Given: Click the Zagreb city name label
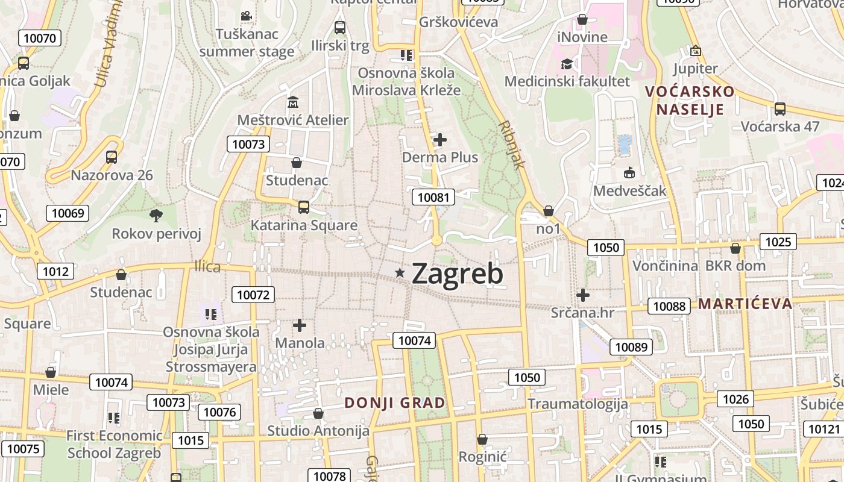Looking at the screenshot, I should pyautogui.click(x=458, y=274).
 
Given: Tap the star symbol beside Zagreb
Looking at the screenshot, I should pyautogui.click(x=399, y=273).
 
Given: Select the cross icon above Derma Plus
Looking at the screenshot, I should pyautogui.click(x=440, y=140).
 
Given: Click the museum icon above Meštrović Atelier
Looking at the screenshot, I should pyautogui.click(x=293, y=102).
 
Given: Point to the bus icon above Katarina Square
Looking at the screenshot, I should pyautogui.click(x=304, y=207).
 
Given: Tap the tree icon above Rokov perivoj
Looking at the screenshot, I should pyautogui.click(x=156, y=215).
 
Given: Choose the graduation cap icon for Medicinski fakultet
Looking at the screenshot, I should pyautogui.click(x=567, y=63).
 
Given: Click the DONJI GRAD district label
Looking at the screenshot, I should pyautogui.click(x=395, y=403).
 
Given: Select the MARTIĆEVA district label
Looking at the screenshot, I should pyautogui.click(x=745, y=303).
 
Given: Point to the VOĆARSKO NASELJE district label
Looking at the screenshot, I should pyautogui.click(x=690, y=101).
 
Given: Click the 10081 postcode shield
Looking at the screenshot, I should pyautogui.click(x=433, y=197).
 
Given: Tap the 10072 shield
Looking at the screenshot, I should pyautogui.click(x=253, y=295).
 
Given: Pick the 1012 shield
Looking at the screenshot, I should pyautogui.click(x=55, y=271).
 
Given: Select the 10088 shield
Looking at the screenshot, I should pyautogui.click(x=669, y=306).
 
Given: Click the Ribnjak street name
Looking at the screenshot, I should pyautogui.click(x=512, y=145).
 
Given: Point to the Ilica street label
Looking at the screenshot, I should pyautogui.click(x=207, y=266).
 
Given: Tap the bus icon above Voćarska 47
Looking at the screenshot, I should pyautogui.click(x=779, y=109).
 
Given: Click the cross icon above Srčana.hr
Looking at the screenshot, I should pyautogui.click(x=582, y=295).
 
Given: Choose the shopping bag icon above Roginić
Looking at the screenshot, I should pyautogui.click(x=482, y=439).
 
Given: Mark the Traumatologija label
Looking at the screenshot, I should pyautogui.click(x=578, y=404).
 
